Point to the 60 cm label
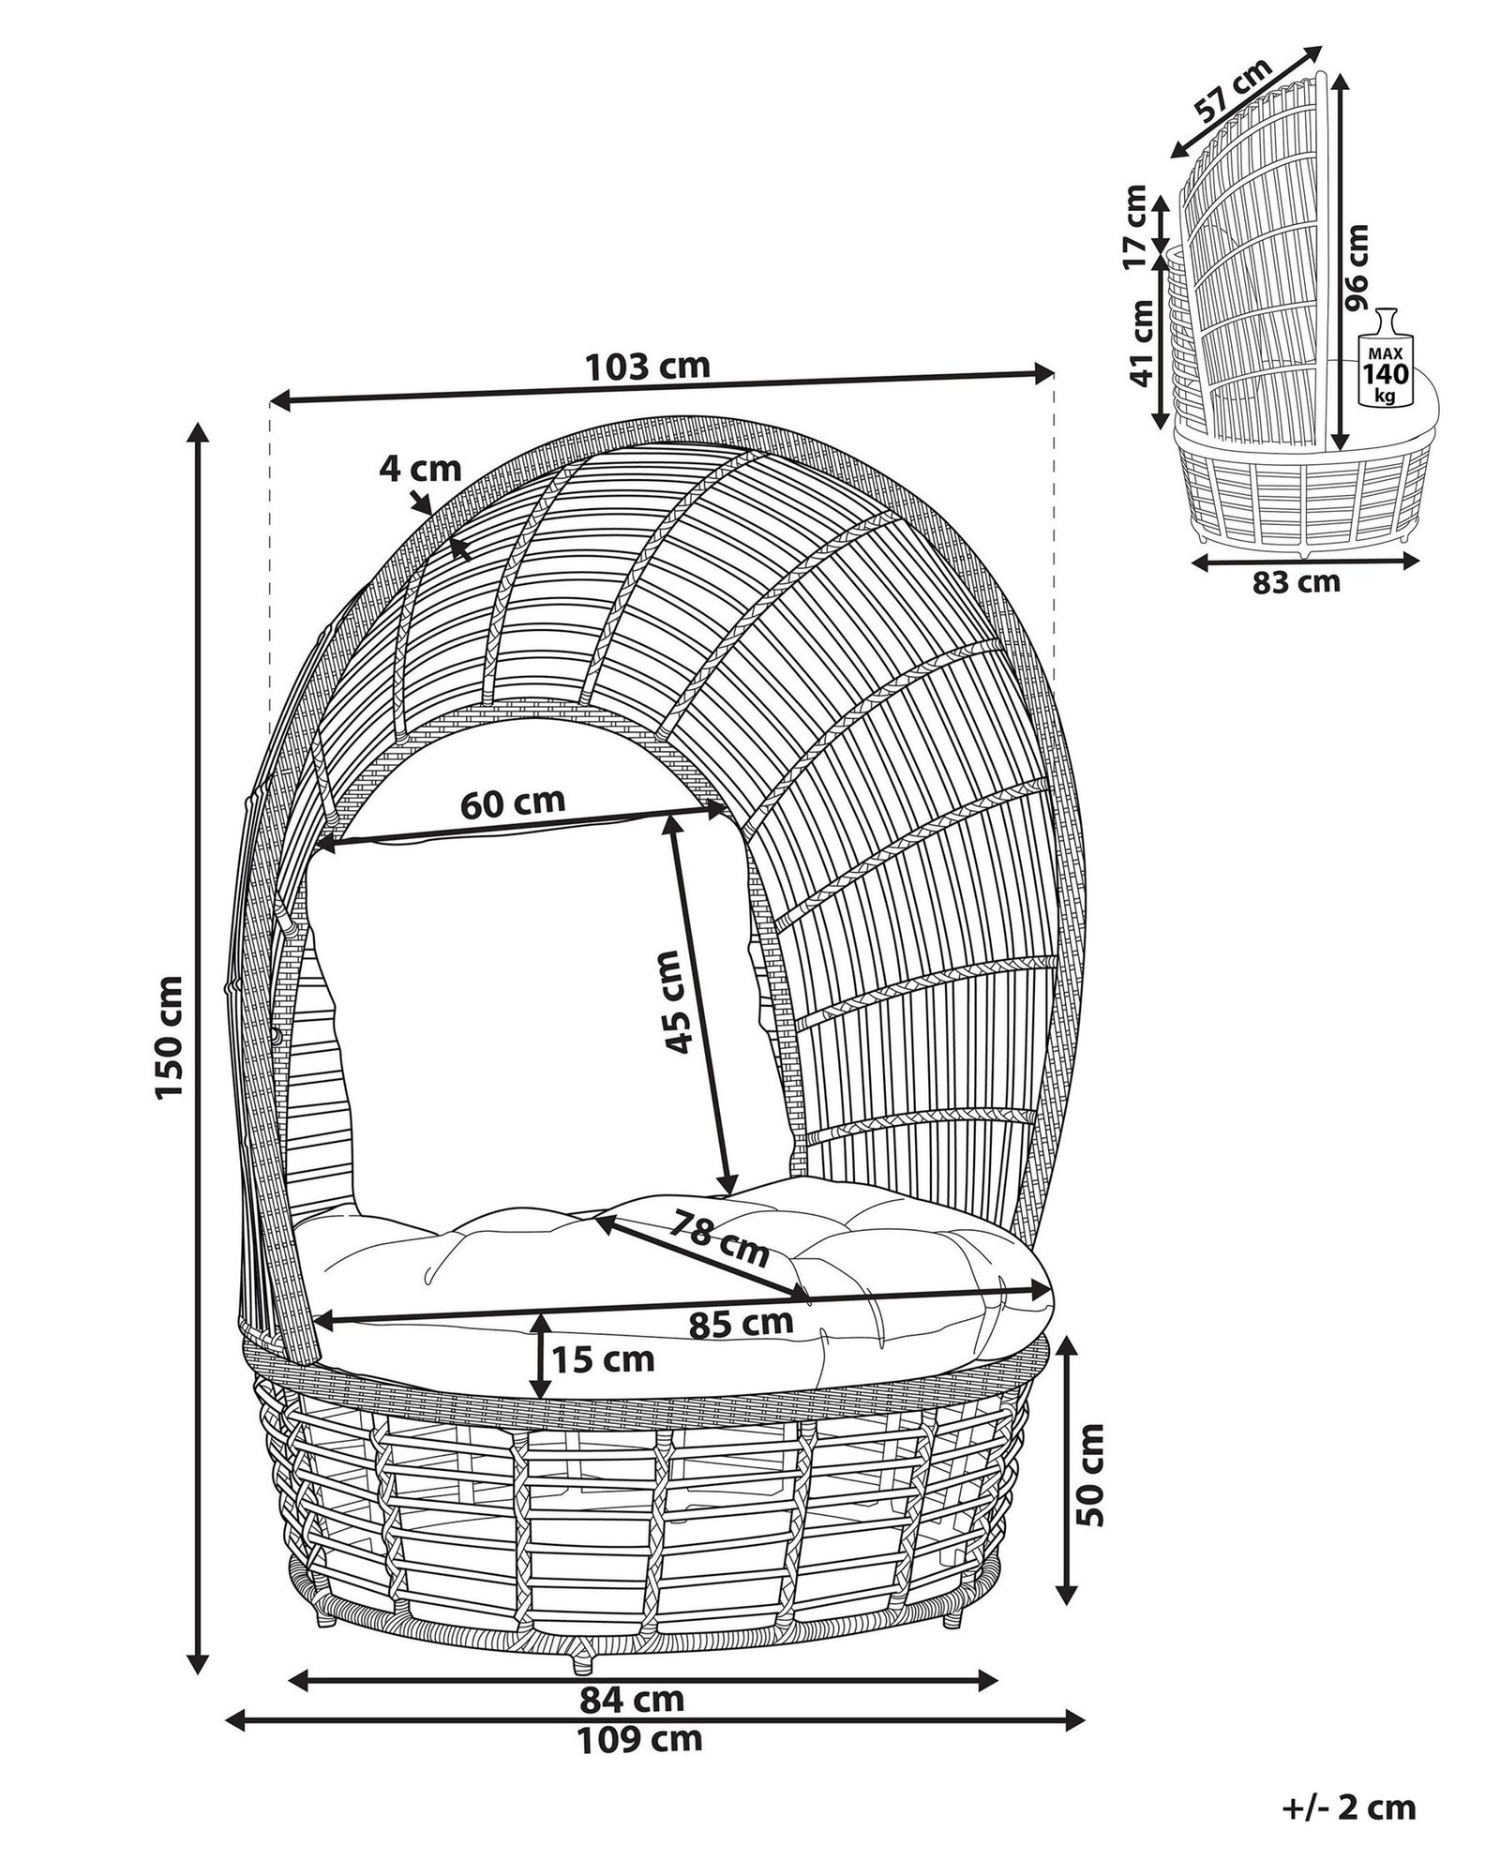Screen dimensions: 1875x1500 point(513,802)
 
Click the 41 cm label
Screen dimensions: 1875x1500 point(1140,343)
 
